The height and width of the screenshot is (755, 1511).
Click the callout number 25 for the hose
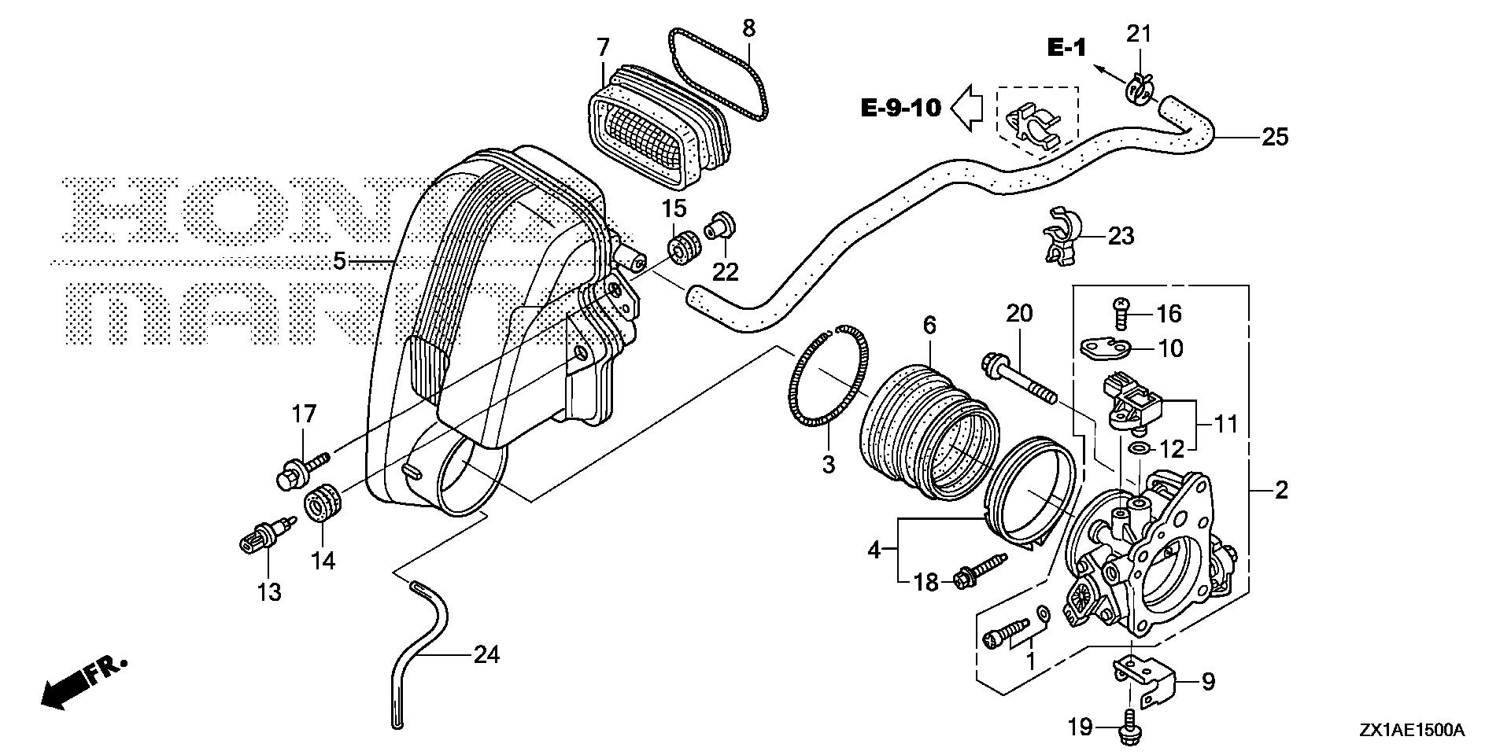(x=1275, y=137)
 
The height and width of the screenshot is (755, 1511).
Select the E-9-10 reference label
(x=901, y=107)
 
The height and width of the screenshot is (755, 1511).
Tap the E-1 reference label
(x=1066, y=47)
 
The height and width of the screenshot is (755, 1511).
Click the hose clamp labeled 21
(x=1140, y=87)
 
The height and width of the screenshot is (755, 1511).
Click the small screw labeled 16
(x=1121, y=314)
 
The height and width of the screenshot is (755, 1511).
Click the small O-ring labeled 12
(x=1136, y=448)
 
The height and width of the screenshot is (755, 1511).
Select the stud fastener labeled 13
(x=264, y=539)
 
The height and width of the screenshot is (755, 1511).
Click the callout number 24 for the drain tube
(x=486, y=654)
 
